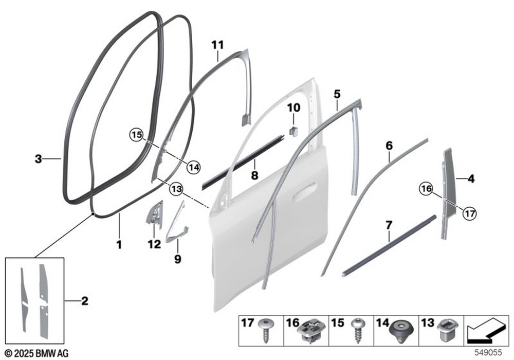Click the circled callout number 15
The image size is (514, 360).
(137, 135)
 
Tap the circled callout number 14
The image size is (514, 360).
(193, 168)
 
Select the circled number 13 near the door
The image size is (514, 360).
(176, 189)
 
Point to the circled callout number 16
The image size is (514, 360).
(426, 189)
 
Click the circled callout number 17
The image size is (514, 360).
(470, 214)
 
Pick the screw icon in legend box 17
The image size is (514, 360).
(266, 331)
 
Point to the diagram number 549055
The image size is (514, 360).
(488, 353)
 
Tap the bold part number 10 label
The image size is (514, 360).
(293, 107)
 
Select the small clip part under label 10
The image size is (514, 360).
(293, 131)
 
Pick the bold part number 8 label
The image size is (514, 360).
(255, 175)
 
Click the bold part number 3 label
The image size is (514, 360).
(39, 159)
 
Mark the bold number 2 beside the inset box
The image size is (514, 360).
(85, 301)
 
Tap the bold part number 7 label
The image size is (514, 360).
(389, 226)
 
